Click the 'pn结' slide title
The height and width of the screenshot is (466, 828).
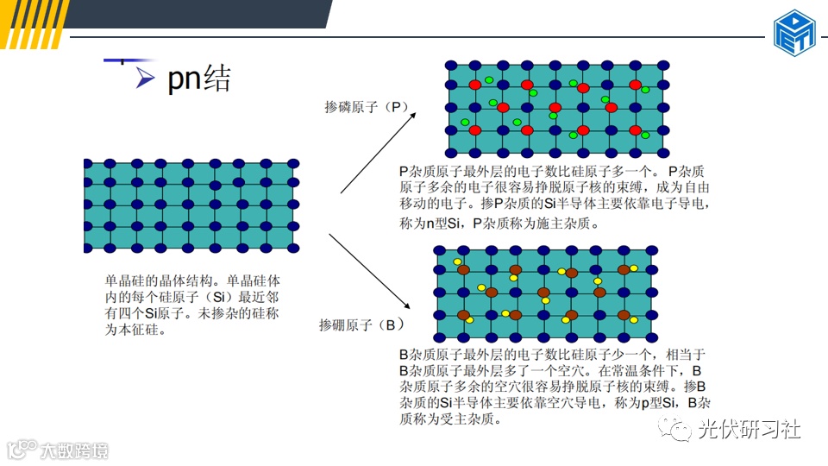(199, 79)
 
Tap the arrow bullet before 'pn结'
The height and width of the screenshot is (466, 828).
(146, 79)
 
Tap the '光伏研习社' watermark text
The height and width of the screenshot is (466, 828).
(750, 429)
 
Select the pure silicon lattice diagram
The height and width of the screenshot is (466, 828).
(191, 205)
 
